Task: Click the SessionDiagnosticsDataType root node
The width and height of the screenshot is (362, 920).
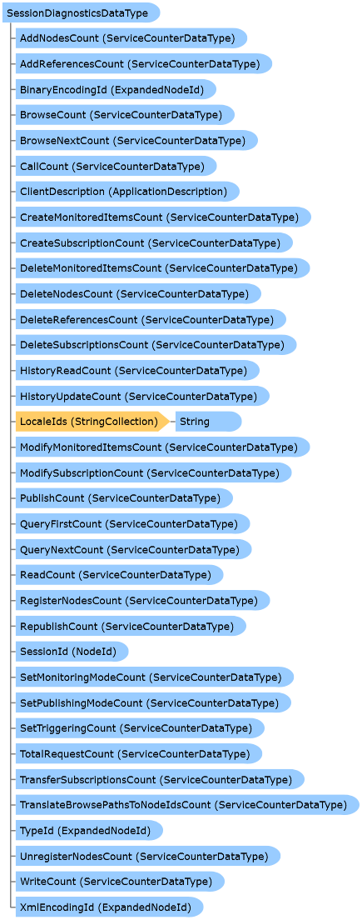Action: pos(81,12)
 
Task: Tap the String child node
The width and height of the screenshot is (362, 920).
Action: pos(208,422)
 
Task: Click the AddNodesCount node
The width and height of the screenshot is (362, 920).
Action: pos(131,38)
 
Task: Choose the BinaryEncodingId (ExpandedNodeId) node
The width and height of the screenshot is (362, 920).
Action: pos(116,89)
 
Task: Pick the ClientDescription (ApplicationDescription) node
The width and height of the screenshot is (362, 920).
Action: pos(127,192)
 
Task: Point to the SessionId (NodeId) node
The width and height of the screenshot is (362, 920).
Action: pos(72,652)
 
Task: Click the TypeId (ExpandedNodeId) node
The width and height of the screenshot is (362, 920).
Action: pos(89,830)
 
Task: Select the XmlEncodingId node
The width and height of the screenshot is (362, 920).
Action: pos(110,907)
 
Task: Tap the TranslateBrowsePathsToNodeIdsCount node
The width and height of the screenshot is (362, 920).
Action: pos(187,804)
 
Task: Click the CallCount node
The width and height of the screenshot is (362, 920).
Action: pos(116,166)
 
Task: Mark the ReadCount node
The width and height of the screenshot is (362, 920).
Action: pos(120,574)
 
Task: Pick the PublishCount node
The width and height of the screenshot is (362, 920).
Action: pos(124,498)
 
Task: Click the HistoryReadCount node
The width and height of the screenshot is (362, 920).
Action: pos(137,370)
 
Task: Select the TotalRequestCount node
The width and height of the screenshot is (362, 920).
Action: pos(139,753)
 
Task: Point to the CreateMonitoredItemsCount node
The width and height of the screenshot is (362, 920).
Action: pos(163,217)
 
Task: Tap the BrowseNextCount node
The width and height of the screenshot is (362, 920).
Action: pos(136,140)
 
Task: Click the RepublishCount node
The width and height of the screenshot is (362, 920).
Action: pos(131,626)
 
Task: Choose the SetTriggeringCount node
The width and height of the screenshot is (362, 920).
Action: pos(140,728)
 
